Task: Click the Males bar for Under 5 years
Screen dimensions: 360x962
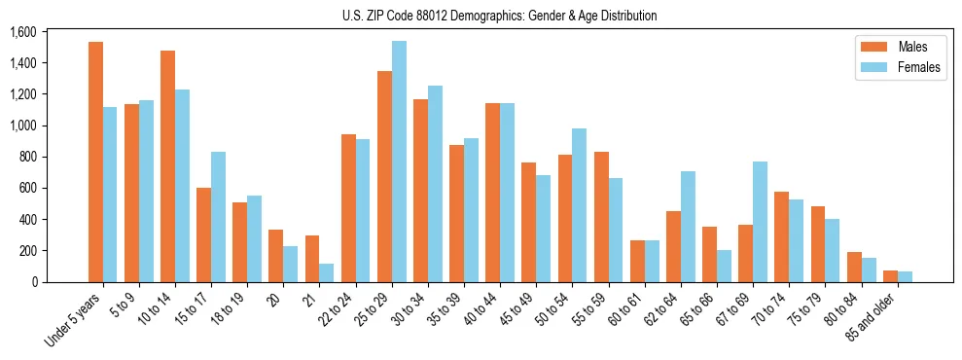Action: coord(95,162)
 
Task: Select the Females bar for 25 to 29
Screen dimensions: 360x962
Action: coord(399,162)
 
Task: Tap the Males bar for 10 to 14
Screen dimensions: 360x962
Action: coord(167,166)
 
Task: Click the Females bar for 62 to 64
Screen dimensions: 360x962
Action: coord(688,227)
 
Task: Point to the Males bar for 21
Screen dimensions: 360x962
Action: coord(312,259)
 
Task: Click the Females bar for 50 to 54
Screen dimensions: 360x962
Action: coord(580,205)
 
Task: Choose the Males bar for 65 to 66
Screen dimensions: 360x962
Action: coord(709,254)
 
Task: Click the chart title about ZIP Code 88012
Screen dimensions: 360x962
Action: coord(499,16)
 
